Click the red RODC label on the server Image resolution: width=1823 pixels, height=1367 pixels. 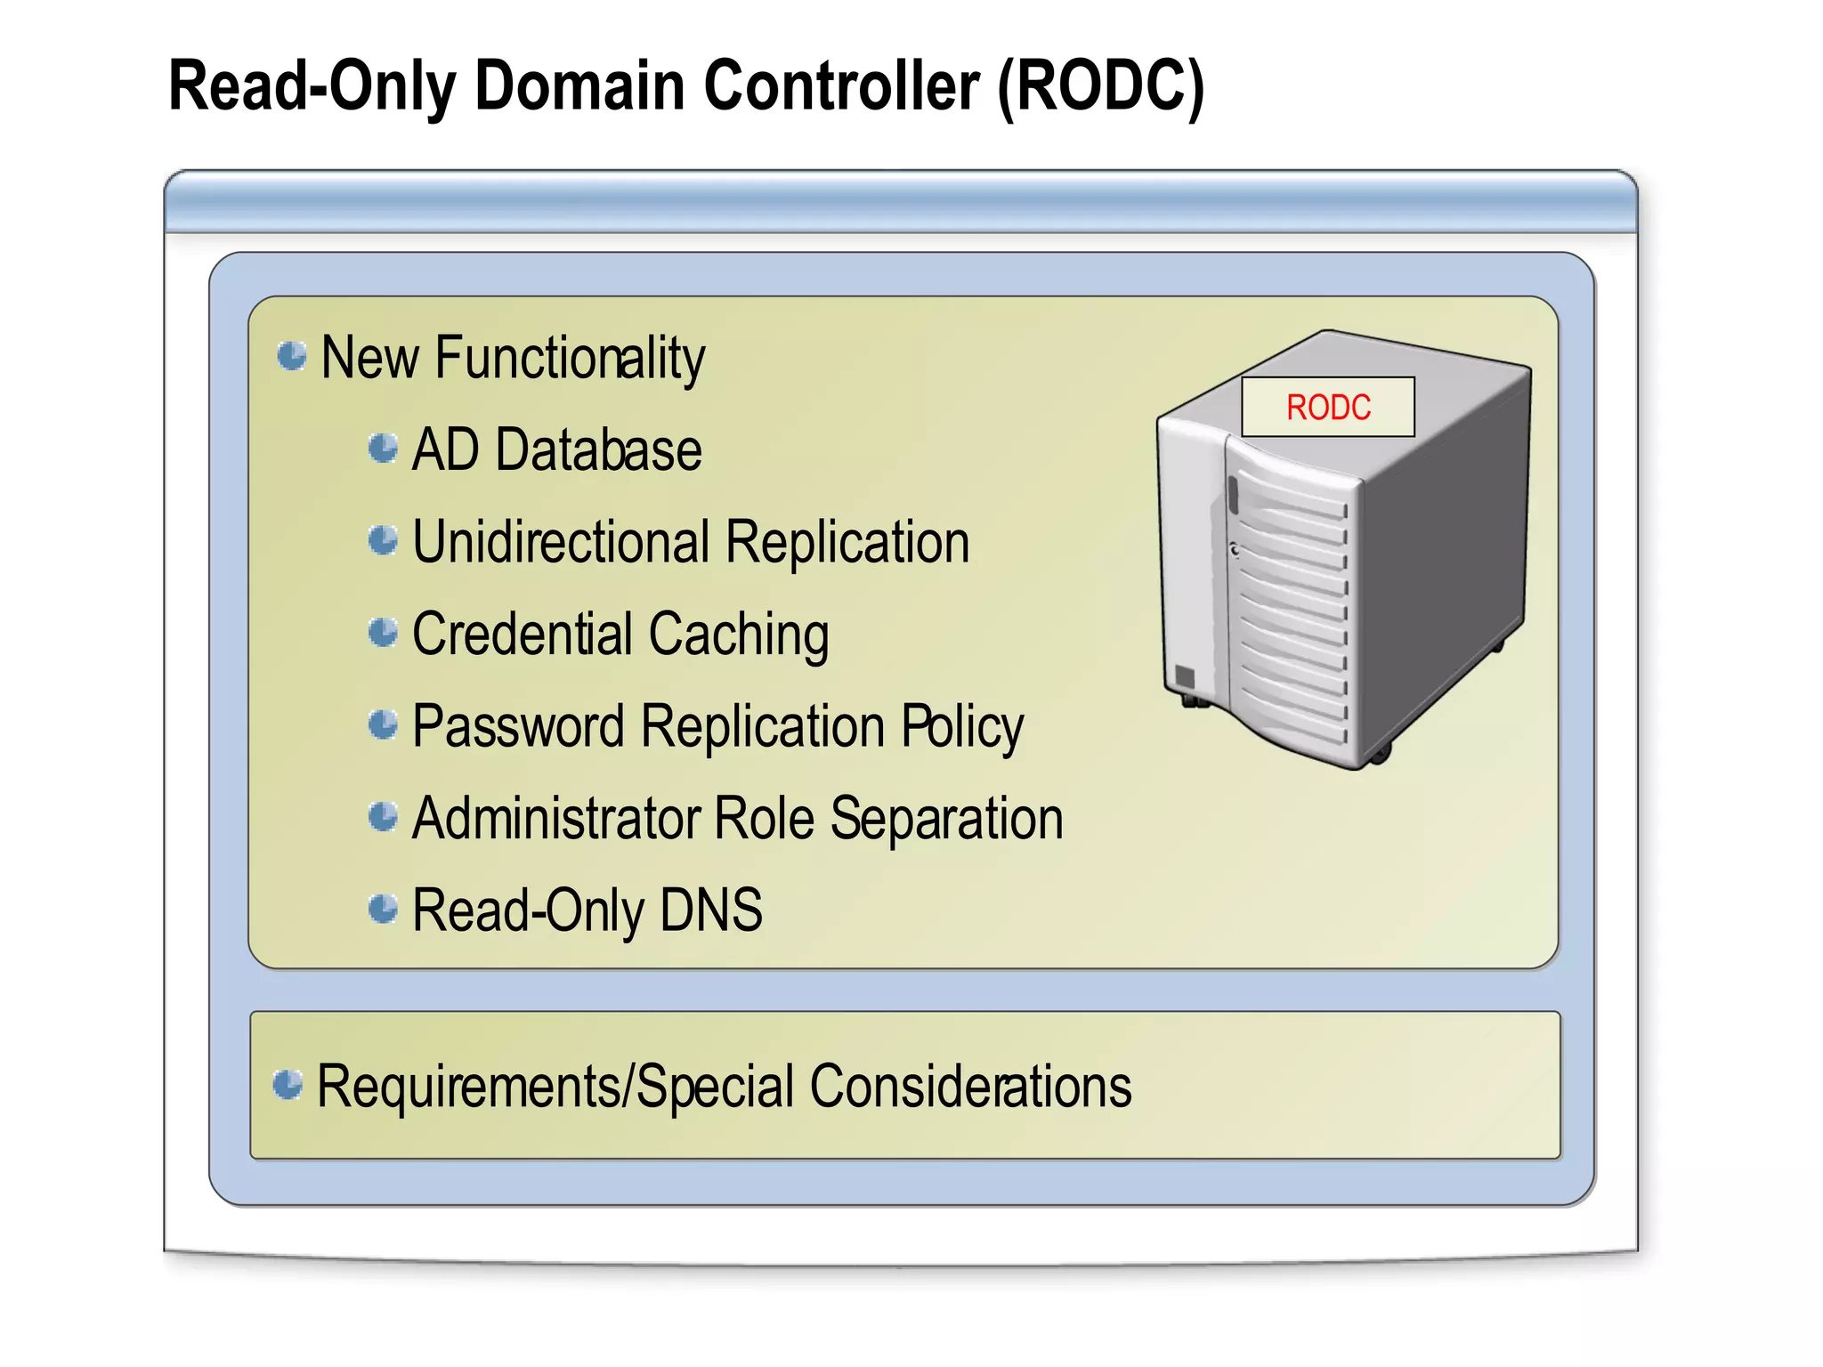(1327, 408)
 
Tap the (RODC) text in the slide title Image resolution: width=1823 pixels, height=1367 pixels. (1100, 86)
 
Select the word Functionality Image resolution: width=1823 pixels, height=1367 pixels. (570, 358)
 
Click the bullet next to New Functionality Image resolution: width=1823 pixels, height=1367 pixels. (291, 355)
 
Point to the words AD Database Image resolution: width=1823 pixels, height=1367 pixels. (556, 449)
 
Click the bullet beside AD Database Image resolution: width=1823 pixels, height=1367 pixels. (383, 448)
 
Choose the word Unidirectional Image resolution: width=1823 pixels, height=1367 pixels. (561, 542)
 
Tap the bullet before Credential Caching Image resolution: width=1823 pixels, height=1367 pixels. (383, 633)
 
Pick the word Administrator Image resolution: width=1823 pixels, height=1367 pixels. (555, 819)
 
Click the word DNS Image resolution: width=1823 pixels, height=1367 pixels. (710, 910)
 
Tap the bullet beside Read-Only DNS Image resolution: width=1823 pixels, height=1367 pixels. (383, 909)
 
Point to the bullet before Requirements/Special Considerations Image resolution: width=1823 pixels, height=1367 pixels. (288, 1085)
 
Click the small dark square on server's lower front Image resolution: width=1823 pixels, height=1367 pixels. (1184, 676)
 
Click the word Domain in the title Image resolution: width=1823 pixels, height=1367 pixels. (579, 86)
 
